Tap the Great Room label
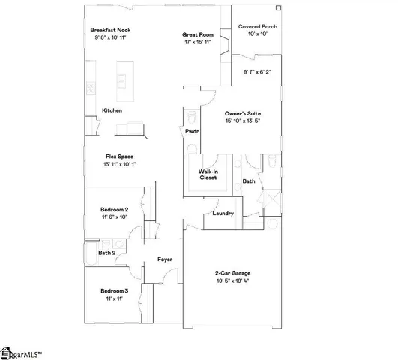tap(199, 34)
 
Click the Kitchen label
tap(112, 111)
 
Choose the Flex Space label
tap(120, 156)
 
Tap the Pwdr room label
tap(191, 131)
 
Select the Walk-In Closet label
tap(208, 175)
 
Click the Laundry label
tap(223, 213)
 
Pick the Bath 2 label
tap(106, 253)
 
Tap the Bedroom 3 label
tap(115, 290)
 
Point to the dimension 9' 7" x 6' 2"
tap(257, 72)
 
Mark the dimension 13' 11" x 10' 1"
tap(120, 164)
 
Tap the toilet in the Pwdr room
tap(192, 118)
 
